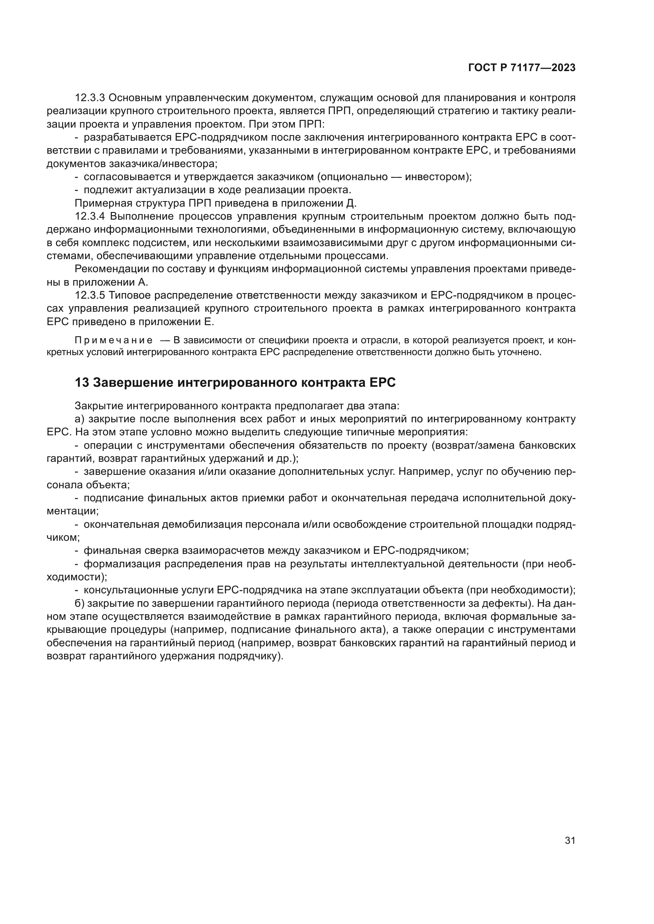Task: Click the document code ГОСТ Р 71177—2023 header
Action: point(522,68)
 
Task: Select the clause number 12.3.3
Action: point(90,98)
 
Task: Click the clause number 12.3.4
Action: point(90,216)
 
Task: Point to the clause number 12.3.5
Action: point(90,295)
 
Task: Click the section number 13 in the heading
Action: point(81,383)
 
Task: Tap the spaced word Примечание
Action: point(113,341)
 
